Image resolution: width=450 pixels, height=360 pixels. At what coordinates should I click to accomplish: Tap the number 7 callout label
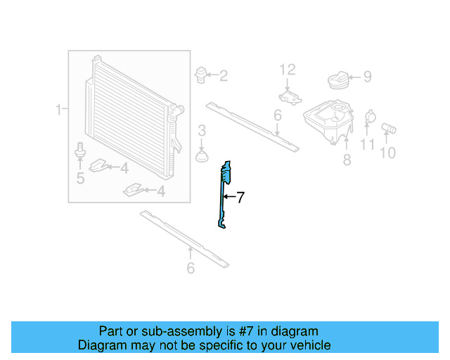(240, 198)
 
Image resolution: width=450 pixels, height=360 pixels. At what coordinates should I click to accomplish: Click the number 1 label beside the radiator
(59, 109)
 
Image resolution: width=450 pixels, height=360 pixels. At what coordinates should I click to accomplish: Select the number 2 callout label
(223, 76)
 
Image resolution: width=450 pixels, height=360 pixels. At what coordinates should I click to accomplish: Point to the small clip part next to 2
(202, 75)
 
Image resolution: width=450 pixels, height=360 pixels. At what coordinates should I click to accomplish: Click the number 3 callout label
(201, 130)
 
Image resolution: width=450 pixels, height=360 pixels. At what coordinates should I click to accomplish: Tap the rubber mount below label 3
(202, 154)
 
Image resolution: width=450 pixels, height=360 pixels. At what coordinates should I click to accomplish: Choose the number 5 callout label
(80, 179)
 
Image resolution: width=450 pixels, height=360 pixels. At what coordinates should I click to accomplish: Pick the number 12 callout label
(288, 70)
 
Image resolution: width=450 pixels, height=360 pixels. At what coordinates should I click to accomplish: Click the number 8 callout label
(347, 160)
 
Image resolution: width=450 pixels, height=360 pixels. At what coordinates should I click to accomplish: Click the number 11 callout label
(368, 145)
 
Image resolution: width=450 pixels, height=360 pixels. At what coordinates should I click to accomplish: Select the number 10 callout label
(387, 153)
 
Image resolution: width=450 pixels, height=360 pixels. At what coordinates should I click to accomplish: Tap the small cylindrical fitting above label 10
(389, 129)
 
